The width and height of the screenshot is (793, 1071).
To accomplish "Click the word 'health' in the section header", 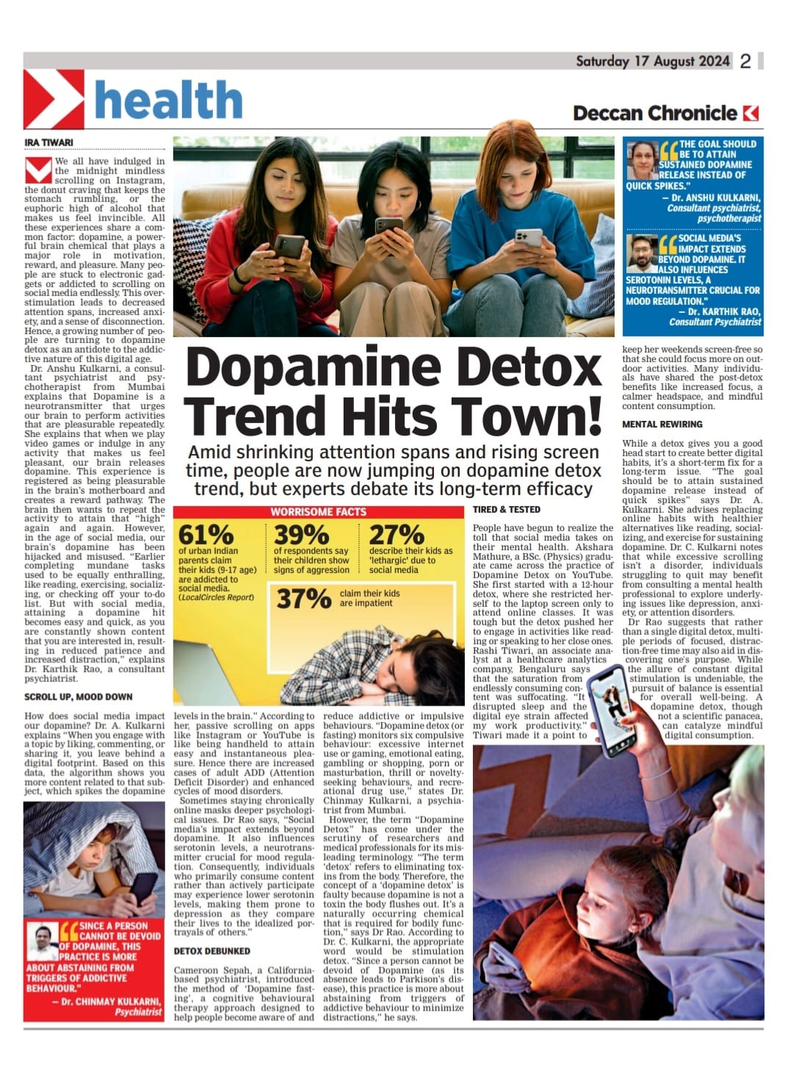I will coord(168,100).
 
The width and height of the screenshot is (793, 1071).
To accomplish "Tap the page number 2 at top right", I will coord(745,62).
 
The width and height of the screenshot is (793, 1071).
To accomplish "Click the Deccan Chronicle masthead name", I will coord(654,113).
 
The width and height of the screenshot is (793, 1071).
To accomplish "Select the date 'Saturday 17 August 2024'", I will coord(652,61).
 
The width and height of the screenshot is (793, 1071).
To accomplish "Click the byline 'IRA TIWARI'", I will coord(49,143).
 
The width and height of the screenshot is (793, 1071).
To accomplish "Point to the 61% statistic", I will coord(206,535).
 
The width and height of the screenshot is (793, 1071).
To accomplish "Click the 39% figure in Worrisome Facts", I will coord(301,535).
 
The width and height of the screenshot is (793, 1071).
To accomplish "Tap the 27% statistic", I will coord(396,535).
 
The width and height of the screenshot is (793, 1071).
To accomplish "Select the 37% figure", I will coord(303,599).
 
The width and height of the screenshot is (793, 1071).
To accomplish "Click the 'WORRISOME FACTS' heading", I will coord(318,511).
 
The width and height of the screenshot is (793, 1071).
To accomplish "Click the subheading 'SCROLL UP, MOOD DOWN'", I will coord(79,696).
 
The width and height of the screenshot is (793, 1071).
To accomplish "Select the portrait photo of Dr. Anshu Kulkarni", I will coord(641,160).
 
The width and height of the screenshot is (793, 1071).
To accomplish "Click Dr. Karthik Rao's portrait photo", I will coord(642,253).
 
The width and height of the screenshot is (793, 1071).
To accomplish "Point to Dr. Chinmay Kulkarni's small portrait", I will coord(43,942).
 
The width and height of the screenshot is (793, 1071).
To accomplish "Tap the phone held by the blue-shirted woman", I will coord(528,237).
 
